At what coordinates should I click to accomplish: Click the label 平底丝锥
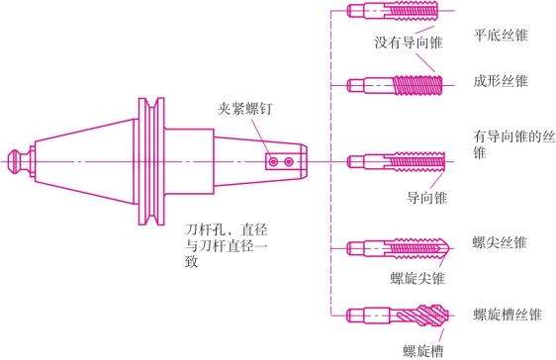pos(501,36)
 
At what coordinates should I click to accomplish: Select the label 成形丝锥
pos(501,81)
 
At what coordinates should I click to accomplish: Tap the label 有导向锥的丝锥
pos(513,144)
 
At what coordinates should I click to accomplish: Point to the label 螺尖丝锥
pos(500,243)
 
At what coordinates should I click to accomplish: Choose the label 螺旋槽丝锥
pos(508,315)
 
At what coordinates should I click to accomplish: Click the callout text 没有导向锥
pos(409,43)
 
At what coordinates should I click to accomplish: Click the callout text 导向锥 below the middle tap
pos(426,198)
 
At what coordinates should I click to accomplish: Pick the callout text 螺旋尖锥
pos(417,278)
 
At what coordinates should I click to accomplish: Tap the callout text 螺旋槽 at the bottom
pos(423,351)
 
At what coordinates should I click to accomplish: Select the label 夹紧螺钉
pos(245,109)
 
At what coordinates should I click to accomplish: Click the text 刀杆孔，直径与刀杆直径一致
pos(227,245)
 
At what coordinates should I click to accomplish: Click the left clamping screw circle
pos(273,162)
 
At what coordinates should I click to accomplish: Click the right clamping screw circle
pos(289,162)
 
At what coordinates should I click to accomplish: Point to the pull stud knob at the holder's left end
pos(15,161)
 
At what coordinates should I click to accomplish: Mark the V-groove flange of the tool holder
pos(151,161)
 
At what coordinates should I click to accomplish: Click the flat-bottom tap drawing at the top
pos(393,11)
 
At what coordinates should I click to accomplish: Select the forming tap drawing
pos(395,85)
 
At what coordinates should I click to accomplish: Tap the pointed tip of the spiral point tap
pos(449,248)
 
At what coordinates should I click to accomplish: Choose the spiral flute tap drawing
pos(398,315)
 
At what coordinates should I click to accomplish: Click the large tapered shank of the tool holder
pos(85,161)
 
